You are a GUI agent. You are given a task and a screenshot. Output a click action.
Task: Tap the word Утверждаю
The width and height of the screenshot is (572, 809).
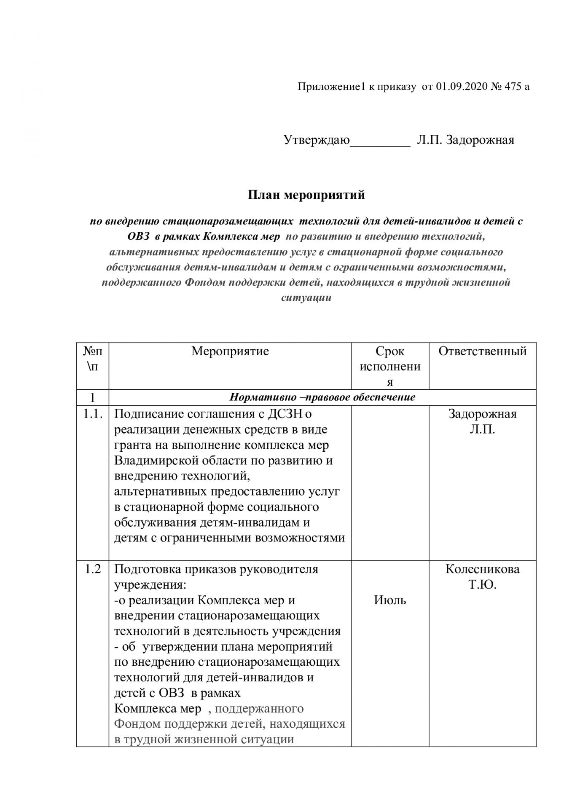(317, 139)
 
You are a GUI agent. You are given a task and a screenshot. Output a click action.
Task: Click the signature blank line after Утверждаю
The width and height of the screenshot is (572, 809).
(380, 143)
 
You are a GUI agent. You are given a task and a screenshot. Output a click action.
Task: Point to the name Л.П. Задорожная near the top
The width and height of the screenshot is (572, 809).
(465, 139)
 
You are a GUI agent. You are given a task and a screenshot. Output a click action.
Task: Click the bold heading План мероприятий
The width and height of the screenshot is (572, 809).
(306, 195)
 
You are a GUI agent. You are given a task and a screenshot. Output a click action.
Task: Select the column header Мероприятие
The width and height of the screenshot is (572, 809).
(230, 351)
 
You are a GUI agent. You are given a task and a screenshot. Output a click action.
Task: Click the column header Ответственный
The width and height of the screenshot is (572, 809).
(483, 351)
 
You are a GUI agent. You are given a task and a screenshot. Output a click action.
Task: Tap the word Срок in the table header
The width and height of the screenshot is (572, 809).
(390, 351)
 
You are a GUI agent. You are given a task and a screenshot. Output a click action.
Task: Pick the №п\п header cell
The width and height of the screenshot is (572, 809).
(93, 358)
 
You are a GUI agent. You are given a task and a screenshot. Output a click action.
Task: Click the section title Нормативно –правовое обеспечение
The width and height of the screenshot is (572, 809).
(322, 397)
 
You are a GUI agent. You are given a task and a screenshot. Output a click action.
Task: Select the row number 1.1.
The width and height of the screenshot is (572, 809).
(93, 414)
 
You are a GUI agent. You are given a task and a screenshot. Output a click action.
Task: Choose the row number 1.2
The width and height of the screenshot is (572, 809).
(93, 569)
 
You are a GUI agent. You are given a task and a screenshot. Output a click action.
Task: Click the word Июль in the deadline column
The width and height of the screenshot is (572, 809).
(390, 600)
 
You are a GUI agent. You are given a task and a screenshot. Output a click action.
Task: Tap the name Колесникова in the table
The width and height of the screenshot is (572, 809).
(483, 569)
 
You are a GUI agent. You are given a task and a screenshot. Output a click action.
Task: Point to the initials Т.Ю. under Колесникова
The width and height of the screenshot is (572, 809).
(483, 585)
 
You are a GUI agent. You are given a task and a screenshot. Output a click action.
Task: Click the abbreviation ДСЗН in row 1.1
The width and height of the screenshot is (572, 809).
(285, 414)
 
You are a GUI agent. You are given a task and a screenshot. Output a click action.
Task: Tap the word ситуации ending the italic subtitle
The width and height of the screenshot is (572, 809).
(306, 298)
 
